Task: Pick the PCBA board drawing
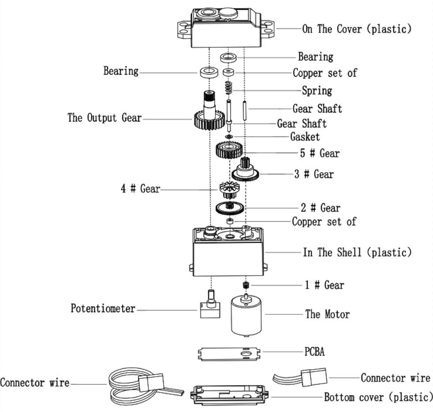point(228,353)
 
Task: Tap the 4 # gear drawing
point(228,189)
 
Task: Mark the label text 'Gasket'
point(305,137)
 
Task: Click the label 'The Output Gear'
point(105,118)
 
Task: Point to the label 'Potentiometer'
point(103,308)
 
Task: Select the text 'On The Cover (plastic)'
point(357,29)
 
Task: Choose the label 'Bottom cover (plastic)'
point(378,397)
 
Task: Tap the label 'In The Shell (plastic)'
point(357,253)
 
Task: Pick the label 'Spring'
point(317,91)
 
